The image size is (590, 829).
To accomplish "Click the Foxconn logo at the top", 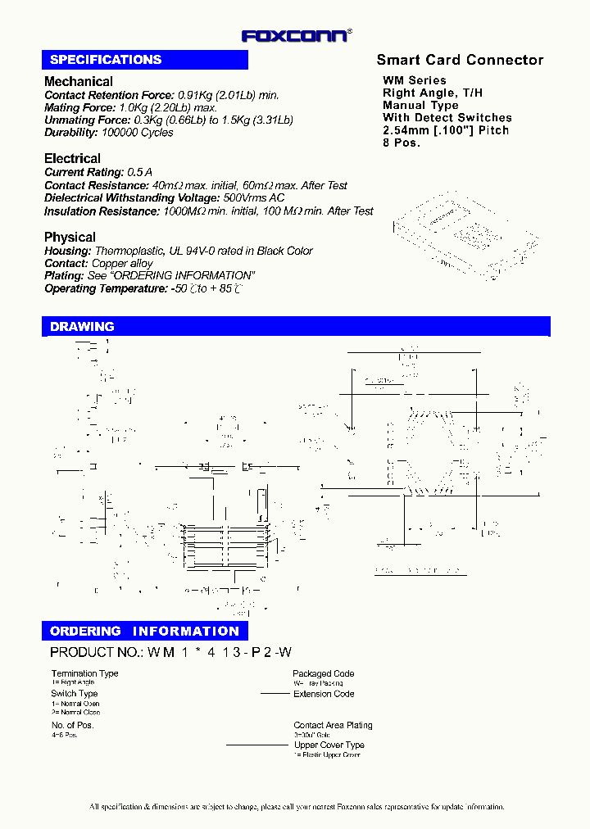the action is pos(296,35).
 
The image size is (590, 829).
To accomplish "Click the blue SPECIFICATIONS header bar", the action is pos(145,60).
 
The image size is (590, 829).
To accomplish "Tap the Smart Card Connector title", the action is pos(460,60).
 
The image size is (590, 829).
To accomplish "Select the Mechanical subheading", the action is pos(79,81).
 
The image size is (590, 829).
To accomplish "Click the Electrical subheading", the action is pos(73,158).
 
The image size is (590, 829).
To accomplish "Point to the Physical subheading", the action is pos(70,237).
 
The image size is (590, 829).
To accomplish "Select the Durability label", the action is pos(71,132).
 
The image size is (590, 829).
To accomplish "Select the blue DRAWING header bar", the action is pos(296,326).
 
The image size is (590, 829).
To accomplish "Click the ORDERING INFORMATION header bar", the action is pos(144,631).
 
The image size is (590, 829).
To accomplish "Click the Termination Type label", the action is pos(84,673).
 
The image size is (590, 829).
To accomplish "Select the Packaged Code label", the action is pos(323,673).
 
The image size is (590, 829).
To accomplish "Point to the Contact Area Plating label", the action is pos(333,725).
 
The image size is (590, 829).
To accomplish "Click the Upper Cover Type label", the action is pos(329,745).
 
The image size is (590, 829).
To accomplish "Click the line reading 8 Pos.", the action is pos(402,143).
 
